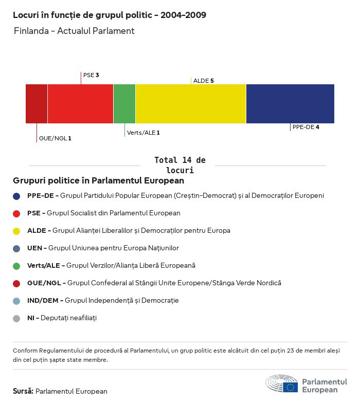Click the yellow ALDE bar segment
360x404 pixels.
click(x=191, y=104)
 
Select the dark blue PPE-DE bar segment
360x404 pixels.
click(x=290, y=104)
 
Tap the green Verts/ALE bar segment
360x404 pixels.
click(x=124, y=104)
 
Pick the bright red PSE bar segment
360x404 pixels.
click(x=80, y=104)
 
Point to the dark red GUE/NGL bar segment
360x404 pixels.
click(x=37, y=104)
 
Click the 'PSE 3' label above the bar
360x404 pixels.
click(x=91, y=75)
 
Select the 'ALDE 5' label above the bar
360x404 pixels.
click(x=203, y=81)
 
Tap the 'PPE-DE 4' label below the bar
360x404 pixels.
click(x=305, y=127)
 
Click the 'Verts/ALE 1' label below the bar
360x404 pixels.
click(x=143, y=133)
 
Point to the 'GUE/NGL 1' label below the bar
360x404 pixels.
click(x=55, y=138)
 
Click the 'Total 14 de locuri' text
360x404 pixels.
click(x=179, y=165)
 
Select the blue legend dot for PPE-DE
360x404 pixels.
click(x=16, y=196)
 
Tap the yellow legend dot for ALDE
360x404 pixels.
click(x=16, y=231)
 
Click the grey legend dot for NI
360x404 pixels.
click(x=16, y=318)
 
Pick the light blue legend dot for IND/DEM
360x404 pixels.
click(x=16, y=301)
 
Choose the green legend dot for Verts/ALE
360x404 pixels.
click(x=16, y=266)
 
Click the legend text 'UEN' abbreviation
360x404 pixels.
click(x=35, y=248)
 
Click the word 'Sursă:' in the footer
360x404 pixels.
click(x=23, y=391)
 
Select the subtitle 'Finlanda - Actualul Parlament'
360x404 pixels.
click(x=74, y=31)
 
